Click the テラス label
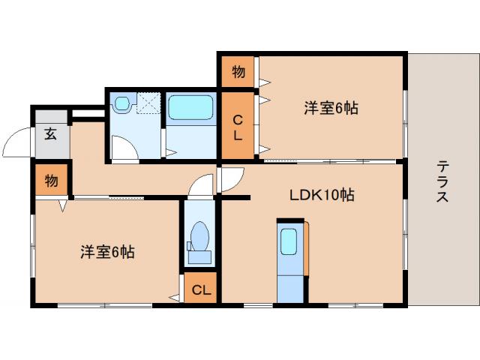[443, 182]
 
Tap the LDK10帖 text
[322, 195]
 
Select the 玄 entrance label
[50, 135]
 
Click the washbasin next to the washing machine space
[122, 104]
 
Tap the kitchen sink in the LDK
[289, 242]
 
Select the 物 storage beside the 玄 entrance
[51, 181]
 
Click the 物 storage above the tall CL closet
[238, 73]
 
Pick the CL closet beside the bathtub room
[238, 127]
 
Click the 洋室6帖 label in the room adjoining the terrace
[331, 109]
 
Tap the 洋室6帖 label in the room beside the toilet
[107, 253]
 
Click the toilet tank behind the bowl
[199, 257]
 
